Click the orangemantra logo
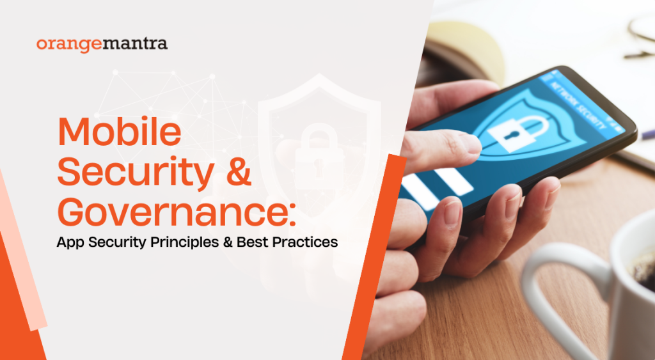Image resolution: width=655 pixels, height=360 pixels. [102, 44]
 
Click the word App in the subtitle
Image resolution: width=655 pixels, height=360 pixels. [70, 243]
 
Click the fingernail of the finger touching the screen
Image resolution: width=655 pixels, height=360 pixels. [470, 143]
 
